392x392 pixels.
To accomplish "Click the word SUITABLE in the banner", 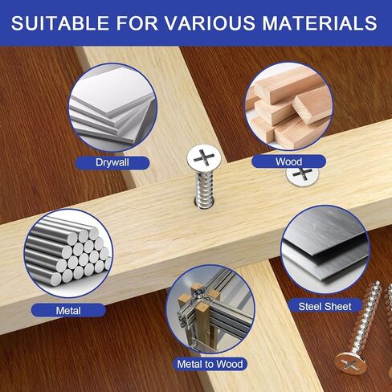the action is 60,23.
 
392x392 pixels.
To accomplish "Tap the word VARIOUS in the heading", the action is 210,23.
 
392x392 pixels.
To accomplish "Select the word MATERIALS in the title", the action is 320,23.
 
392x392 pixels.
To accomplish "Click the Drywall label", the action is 112,163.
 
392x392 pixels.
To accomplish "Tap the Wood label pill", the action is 288,161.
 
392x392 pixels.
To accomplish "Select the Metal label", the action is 68,311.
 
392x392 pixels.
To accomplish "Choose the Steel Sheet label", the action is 325,307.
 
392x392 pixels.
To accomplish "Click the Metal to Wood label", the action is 210,364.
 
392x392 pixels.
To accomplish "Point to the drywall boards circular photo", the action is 112,108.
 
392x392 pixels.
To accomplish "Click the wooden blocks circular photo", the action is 288,106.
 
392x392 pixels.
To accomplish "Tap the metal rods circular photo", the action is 68,254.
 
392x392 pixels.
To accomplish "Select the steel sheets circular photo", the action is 325,250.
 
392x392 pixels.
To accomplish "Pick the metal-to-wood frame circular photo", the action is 210,309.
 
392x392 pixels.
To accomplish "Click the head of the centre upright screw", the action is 204,157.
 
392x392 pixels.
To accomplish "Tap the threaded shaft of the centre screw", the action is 204,187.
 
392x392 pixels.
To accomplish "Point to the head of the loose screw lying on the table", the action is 350,363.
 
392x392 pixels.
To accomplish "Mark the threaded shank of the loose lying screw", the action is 366,316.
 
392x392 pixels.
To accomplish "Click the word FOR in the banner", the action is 137,23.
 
